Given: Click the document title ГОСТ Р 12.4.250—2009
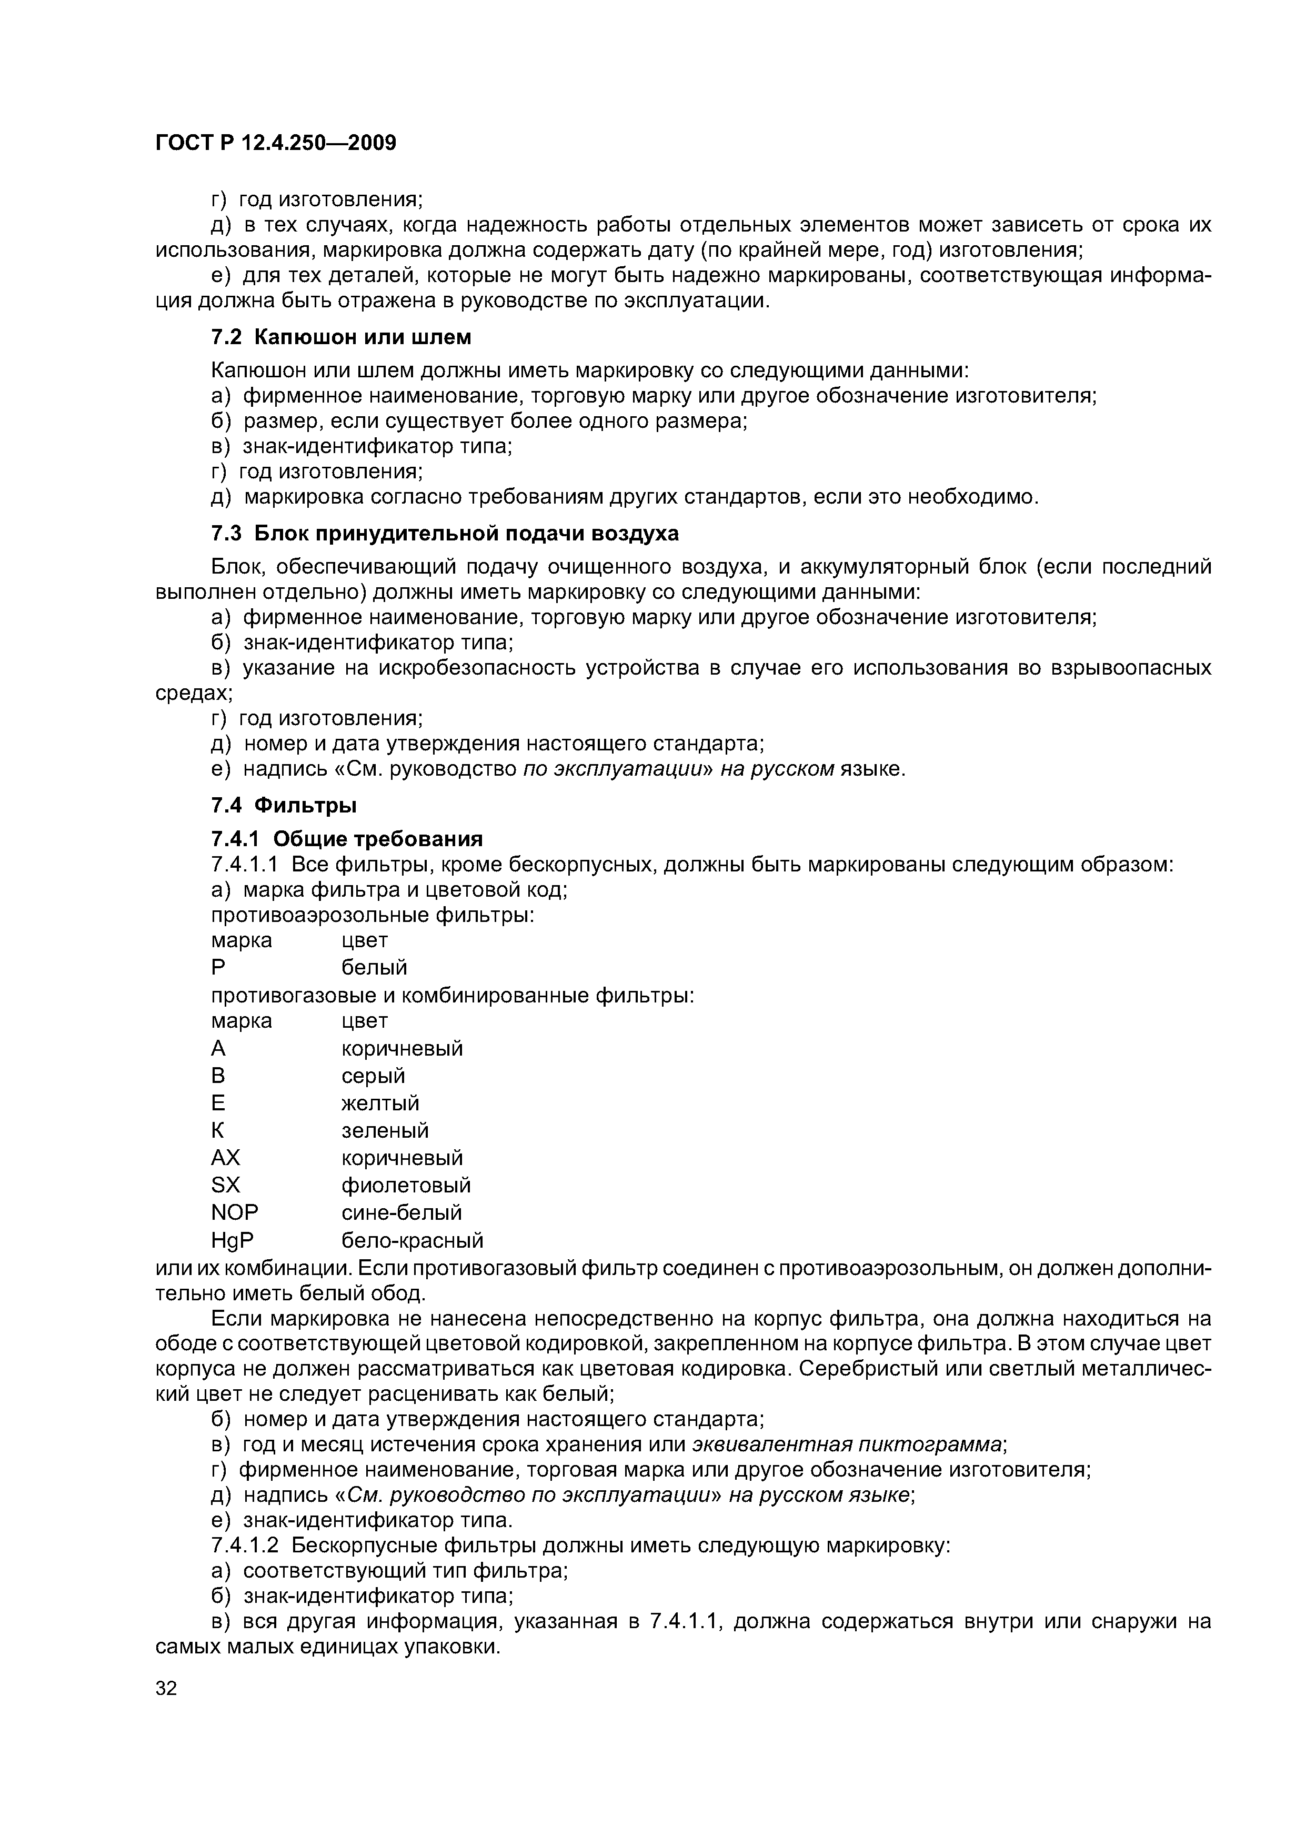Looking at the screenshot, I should click(x=276, y=143).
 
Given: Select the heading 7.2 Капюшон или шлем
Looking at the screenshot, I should click(x=341, y=337).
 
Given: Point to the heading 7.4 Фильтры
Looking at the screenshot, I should click(x=284, y=805).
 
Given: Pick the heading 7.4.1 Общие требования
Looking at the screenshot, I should click(x=347, y=839).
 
